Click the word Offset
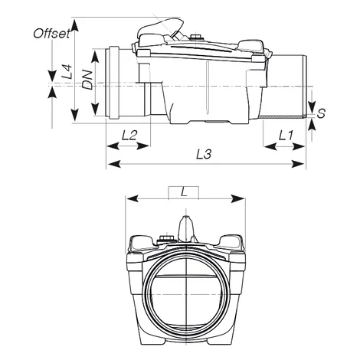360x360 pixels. coord(53,33)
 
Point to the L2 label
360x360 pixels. coord(129,136)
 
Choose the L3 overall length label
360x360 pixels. coord(204,154)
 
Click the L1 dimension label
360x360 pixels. coord(286,136)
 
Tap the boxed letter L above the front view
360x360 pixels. coord(183,191)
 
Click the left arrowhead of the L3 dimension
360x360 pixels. coord(110,163)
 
